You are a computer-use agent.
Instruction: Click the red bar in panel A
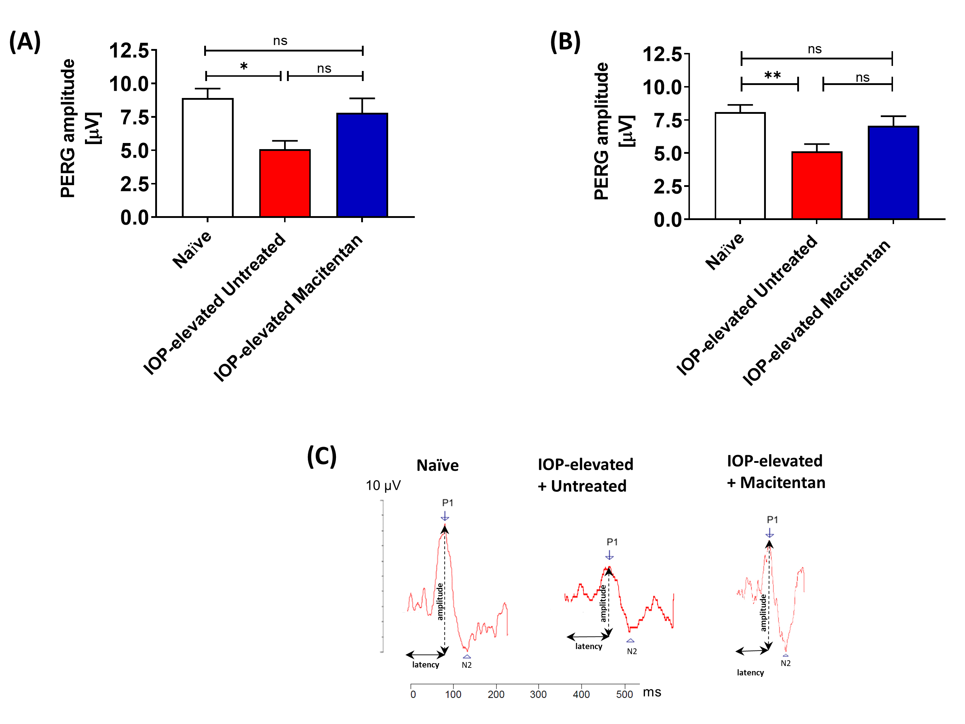coord(284,183)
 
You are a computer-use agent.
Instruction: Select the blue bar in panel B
coord(893,173)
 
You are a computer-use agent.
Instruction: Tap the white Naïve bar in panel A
coord(208,157)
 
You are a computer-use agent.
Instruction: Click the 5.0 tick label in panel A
coord(134,151)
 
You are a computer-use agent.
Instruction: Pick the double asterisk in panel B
coord(772,76)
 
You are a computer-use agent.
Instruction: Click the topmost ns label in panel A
coord(280,41)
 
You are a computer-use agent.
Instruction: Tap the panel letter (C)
coord(322,456)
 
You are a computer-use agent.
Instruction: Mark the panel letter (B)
coord(565,42)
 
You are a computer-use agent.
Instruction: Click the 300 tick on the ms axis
coord(538,694)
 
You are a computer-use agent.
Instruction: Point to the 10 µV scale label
coord(383,485)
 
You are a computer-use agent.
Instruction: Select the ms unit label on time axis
coord(652,693)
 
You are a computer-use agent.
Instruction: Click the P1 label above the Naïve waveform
coord(448,503)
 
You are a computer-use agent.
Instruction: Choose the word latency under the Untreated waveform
coord(588,646)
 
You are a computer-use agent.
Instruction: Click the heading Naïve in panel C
coord(437,465)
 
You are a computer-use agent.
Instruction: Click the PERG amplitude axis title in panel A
coord(68,129)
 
